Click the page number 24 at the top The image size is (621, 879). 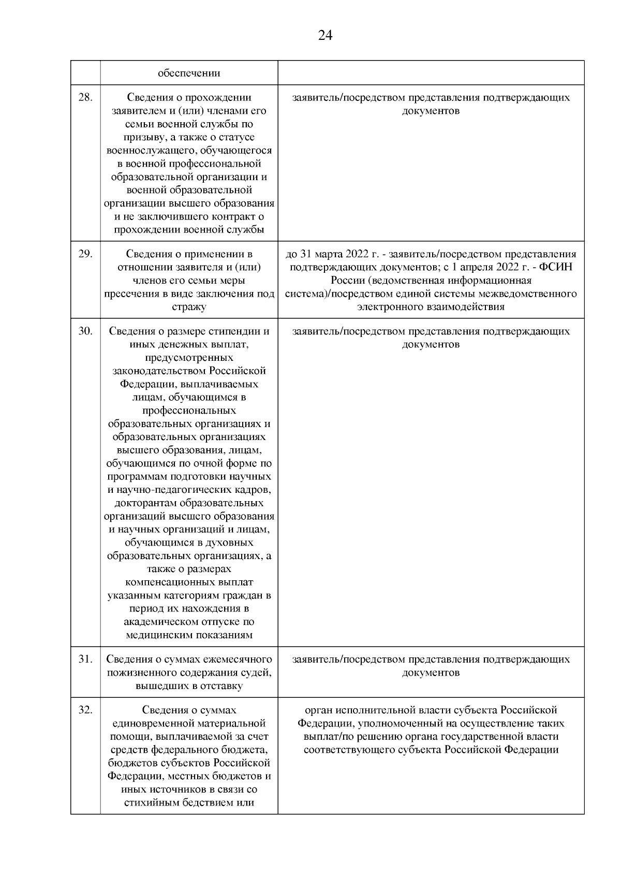[325, 36]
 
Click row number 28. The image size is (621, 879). [85, 97]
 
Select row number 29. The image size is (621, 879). [85, 254]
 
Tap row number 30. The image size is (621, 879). [85, 331]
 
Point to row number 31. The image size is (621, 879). [85, 659]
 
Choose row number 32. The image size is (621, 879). [85, 710]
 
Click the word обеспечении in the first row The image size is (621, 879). [189, 73]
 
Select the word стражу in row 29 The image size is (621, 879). [189, 307]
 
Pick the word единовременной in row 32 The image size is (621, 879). [150, 723]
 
